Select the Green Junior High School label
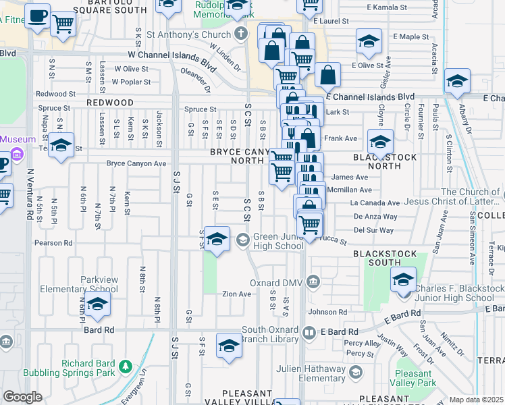[x=278, y=241]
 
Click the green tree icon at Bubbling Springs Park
[x=125, y=366]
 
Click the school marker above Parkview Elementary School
[x=98, y=305]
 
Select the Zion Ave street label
[x=237, y=294]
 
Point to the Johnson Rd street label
[x=327, y=312]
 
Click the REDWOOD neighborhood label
[x=110, y=102]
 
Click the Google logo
[x=22, y=397]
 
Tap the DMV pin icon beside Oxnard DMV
[x=313, y=281]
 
